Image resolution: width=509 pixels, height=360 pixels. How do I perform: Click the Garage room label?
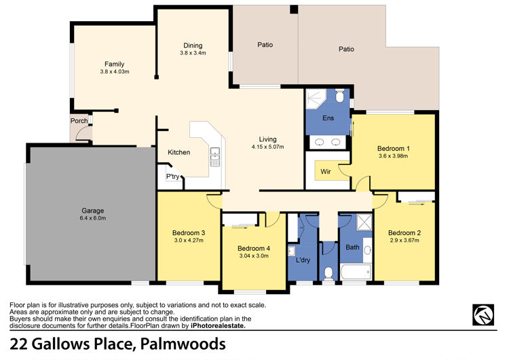(x=92, y=211)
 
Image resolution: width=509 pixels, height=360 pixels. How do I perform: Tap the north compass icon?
(x=483, y=314)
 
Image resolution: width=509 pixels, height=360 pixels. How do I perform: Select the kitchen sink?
(x=215, y=157)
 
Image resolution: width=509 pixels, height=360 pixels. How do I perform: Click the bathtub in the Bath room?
(x=356, y=272)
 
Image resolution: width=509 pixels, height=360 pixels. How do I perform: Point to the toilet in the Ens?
(x=339, y=96)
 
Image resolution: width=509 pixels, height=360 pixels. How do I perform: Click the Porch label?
(x=79, y=121)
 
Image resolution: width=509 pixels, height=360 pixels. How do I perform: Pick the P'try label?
(x=172, y=177)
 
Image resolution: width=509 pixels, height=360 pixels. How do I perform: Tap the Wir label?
(x=326, y=172)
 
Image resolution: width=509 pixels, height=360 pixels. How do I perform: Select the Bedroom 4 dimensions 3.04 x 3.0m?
(x=254, y=255)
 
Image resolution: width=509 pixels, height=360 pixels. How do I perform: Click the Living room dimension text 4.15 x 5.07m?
(x=267, y=147)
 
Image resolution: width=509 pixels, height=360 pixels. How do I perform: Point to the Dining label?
(x=193, y=46)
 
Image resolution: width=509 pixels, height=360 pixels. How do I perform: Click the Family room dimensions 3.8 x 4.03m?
(x=115, y=71)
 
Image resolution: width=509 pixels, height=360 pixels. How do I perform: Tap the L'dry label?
(x=303, y=260)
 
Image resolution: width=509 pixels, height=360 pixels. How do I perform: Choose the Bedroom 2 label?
(x=404, y=232)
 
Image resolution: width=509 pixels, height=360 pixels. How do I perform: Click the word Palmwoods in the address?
(x=183, y=344)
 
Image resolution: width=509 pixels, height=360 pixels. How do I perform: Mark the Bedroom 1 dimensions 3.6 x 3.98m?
(x=394, y=156)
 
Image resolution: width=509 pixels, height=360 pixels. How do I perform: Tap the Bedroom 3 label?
(x=189, y=232)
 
